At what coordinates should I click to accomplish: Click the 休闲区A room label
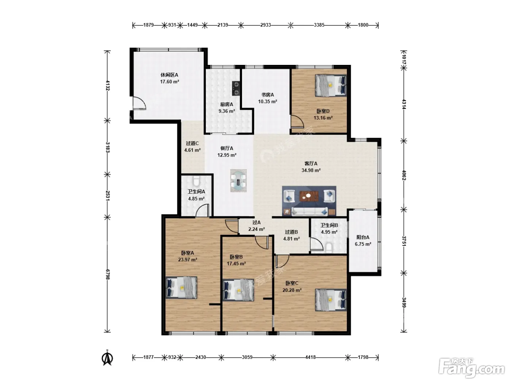coord(169,75)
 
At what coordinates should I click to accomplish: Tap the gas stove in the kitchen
coord(236,88)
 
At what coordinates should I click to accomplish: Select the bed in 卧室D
coord(331,85)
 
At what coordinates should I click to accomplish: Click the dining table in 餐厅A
coord(238,181)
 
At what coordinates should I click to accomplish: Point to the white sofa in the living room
coord(310,211)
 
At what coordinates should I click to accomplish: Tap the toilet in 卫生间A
coord(196,181)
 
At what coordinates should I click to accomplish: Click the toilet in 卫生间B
coord(329,248)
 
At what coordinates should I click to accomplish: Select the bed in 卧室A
coord(181,287)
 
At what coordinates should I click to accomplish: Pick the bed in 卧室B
coord(238,290)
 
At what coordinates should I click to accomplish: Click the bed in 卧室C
coord(331,300)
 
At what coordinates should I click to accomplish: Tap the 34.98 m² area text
coord(311,170)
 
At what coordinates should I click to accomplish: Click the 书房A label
coord(268,94)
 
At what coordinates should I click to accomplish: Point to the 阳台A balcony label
coord(363,237)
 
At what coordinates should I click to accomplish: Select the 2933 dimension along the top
coord(266,25)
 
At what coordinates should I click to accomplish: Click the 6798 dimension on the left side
coord(107,274)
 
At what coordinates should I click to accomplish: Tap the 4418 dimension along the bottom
coord(311,357)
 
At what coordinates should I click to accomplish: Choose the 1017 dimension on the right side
coord(404,59)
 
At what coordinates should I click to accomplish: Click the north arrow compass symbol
coord(107,358)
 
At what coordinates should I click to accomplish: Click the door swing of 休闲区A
coord(139,102)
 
